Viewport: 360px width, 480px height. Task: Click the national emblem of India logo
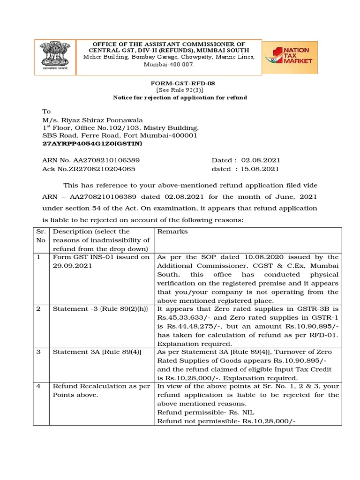(55, 56)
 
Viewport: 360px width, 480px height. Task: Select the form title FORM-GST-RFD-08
(180, 83)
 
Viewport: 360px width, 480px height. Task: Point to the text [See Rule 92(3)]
(180, 90)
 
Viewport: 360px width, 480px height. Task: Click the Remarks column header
(172, 232)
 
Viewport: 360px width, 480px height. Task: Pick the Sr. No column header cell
(41, 236)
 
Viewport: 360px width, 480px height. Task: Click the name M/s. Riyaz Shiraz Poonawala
(93, 120)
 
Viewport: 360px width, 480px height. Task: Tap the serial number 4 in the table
(38, 386)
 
